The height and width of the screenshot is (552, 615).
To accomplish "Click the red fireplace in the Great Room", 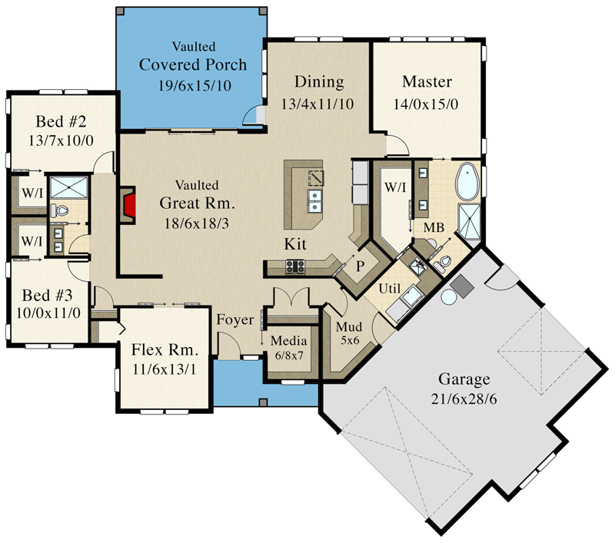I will (x=129, y=205).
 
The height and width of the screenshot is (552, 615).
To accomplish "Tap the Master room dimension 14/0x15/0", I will (x=427, y=104).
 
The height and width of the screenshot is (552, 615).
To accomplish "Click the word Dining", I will (x=319, y=82).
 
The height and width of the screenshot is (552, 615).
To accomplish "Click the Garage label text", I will (x=464, y=378).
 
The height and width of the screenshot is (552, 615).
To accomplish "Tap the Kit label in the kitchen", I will (x=297, y=244).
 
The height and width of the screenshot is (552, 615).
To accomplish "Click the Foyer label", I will (x=234, y=319).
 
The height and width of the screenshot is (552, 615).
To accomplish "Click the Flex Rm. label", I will (x=165, y=349).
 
